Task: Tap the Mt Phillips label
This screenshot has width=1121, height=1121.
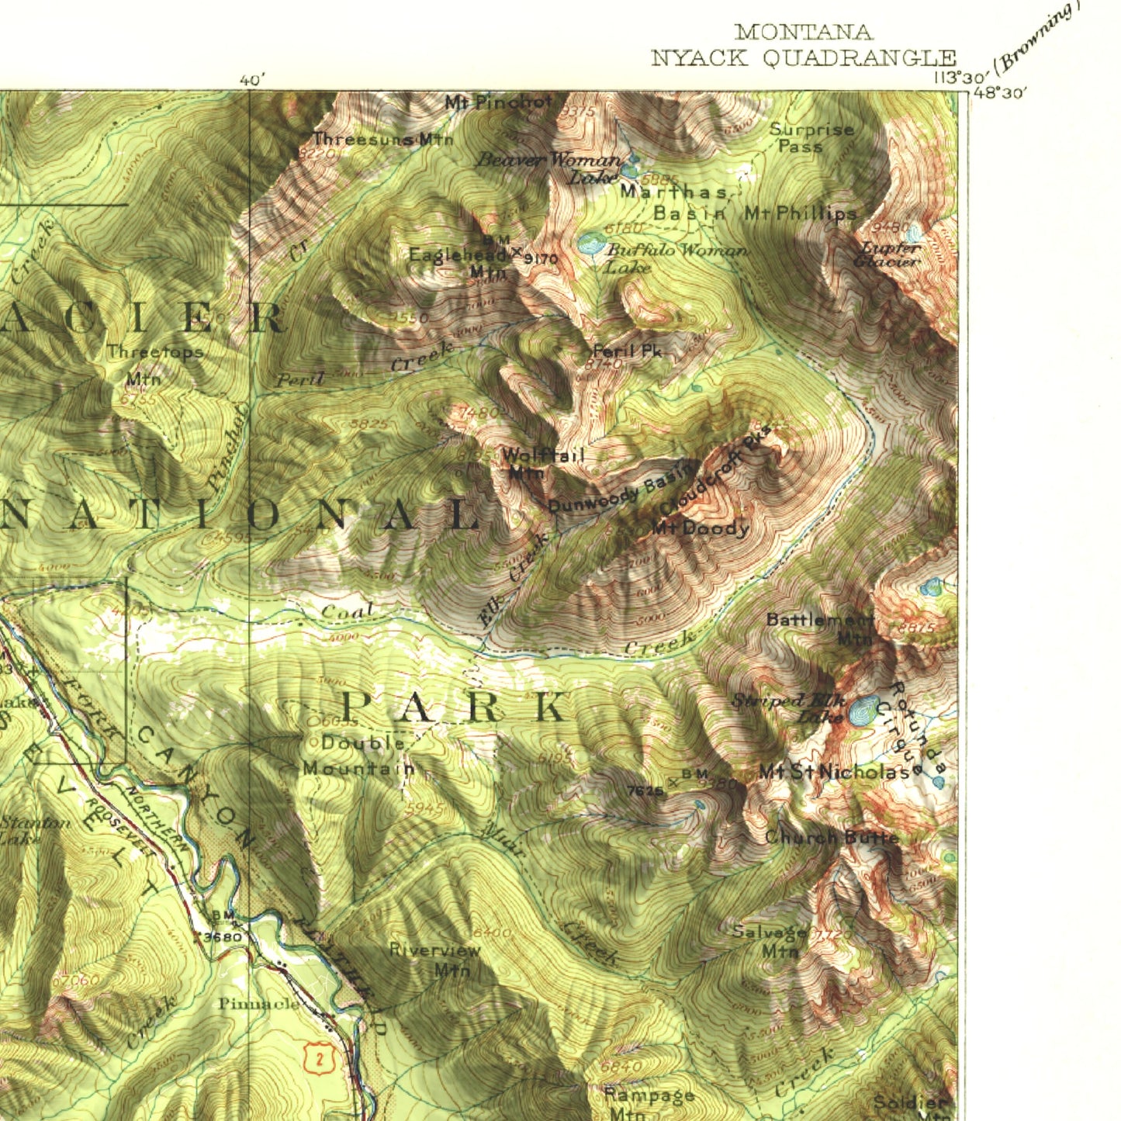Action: point(800,213)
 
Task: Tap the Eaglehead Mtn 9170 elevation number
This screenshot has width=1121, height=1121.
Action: point(541,258)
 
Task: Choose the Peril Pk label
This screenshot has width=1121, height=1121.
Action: point(627,351)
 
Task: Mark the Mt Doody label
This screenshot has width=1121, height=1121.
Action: point(700,529)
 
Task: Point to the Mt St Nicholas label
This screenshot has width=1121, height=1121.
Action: point(835,771)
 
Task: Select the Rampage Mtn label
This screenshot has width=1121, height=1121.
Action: point(649,1103)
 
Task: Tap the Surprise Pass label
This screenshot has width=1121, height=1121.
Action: point(811,137)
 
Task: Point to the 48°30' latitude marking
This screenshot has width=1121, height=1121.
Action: point(1000,92)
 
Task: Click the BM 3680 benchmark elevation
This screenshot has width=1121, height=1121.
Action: point(223,936)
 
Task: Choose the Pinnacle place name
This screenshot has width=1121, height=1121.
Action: point(258,1004)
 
